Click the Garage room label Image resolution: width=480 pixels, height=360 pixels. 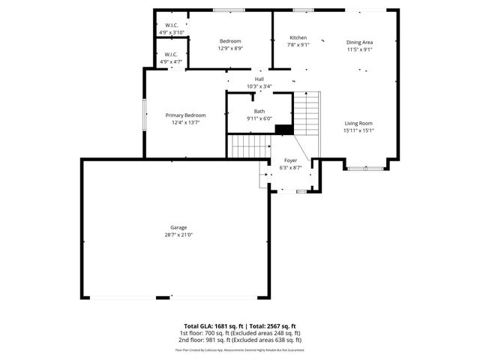click(178, 227)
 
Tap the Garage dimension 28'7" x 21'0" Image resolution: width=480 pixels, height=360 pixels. click(178, 235)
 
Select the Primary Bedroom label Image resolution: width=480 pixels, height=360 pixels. click(185, 115)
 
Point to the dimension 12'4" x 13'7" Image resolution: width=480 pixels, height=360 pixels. click(185, 122)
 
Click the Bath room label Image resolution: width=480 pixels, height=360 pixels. click(259, 111)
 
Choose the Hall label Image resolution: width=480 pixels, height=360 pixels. click(259, 79)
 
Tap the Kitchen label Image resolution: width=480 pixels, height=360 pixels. click(298, 37)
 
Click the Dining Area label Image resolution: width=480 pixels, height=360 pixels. click(359, 43)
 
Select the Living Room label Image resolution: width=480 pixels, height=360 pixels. click(358, 123)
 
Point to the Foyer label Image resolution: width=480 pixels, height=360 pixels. click(289, 160)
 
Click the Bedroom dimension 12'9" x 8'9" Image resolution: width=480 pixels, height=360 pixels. click(230, 48)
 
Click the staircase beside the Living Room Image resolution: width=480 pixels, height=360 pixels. click(306, 112)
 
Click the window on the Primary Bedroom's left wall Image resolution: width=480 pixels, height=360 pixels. click(145, 115)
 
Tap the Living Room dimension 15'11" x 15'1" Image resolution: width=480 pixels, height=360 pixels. click(358, 130)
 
